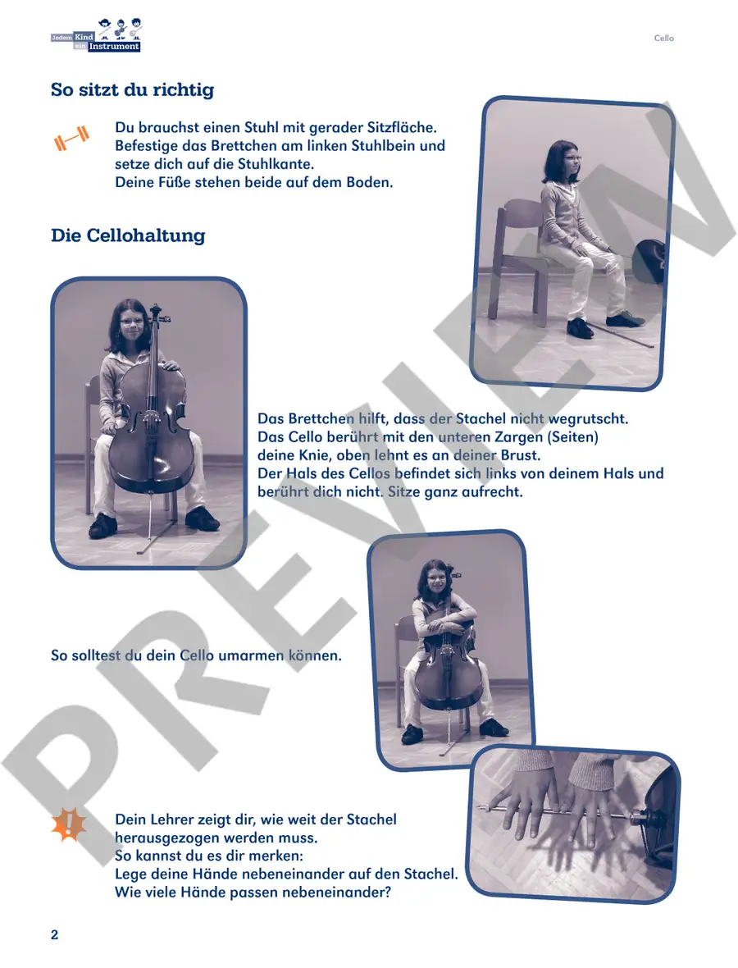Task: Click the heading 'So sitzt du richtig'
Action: [x=133, y=89]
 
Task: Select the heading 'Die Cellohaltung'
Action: [x=128, y=235]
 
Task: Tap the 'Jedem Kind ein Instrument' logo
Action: [x=96, y=35]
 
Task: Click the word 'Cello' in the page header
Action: [x=664, y=39]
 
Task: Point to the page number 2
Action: [x=54, y=934]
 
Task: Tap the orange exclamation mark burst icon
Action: [x=69, y=824]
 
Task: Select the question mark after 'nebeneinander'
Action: [x=388, y=893]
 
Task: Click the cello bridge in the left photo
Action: [x=150, y=415]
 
